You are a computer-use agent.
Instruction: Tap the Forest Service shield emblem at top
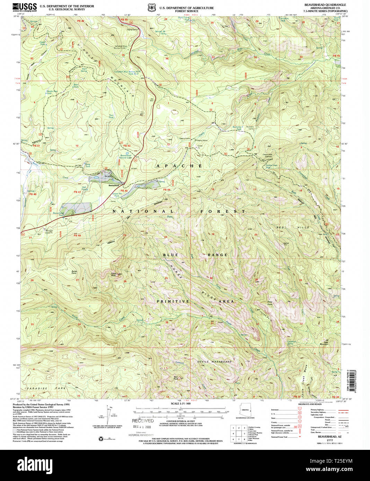(x=151, y=7)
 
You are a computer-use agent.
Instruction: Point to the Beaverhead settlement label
(x=114, y=186)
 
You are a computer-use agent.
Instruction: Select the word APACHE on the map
(x=179, y=166)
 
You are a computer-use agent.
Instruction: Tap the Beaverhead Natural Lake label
(x=125, y=157)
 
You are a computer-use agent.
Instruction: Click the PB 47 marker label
(x=77, y=192)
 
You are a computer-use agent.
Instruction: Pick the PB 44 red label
(x=167, y=190)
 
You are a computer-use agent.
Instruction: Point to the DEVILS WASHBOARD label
(x=214, y=362)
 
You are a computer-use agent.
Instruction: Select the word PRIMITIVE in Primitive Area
(x=173, y=301)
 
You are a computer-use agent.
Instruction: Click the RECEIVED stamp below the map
(x=142, y=421)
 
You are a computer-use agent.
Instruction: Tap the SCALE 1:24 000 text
(x=180, y=403)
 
